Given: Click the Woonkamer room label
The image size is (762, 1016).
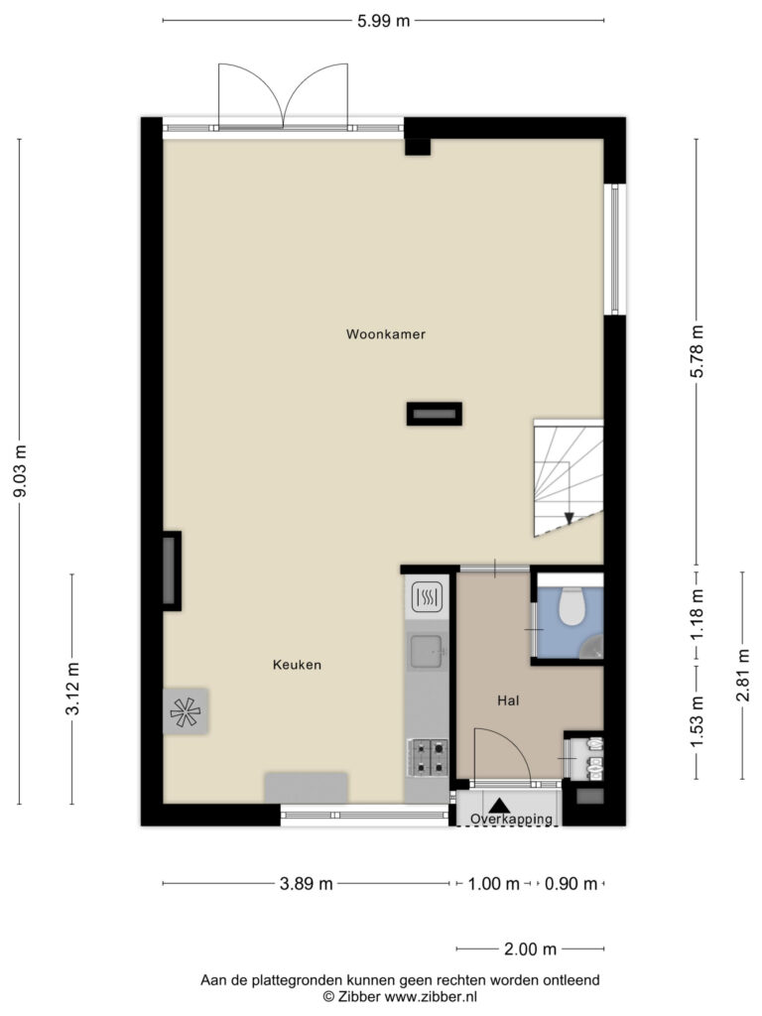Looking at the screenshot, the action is tap(386, 334).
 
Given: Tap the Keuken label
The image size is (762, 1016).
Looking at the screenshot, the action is tap(297, 665).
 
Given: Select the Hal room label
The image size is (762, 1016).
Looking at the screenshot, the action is tap(508, 700).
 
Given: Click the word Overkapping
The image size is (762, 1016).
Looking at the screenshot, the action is tap(511, 819).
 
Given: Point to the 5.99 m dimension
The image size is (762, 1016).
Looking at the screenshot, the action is tap(384, 21).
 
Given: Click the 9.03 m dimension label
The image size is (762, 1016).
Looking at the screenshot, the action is tap(20, 471).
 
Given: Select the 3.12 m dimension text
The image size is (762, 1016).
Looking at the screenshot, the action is tap(71, 689).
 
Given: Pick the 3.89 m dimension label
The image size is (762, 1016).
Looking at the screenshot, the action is tap(306, 884).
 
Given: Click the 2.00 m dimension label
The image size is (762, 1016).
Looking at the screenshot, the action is tap(530, 950).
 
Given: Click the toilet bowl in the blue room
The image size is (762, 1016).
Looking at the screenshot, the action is tap(572, 606).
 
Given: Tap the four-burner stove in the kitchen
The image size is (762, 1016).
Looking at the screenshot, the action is tap(427, 757).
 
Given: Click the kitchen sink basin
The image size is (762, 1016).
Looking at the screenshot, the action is tap(427, 651).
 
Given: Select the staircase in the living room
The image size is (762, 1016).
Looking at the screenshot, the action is tap(569, 478).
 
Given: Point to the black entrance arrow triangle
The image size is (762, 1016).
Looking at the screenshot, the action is tap(499, 806).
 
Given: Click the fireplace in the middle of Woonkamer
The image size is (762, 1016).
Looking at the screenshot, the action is tap(435, 414).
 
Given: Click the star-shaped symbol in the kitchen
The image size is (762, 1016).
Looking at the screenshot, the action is tap(186, 712).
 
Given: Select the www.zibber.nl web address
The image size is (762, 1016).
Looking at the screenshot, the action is tap(431, 997).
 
